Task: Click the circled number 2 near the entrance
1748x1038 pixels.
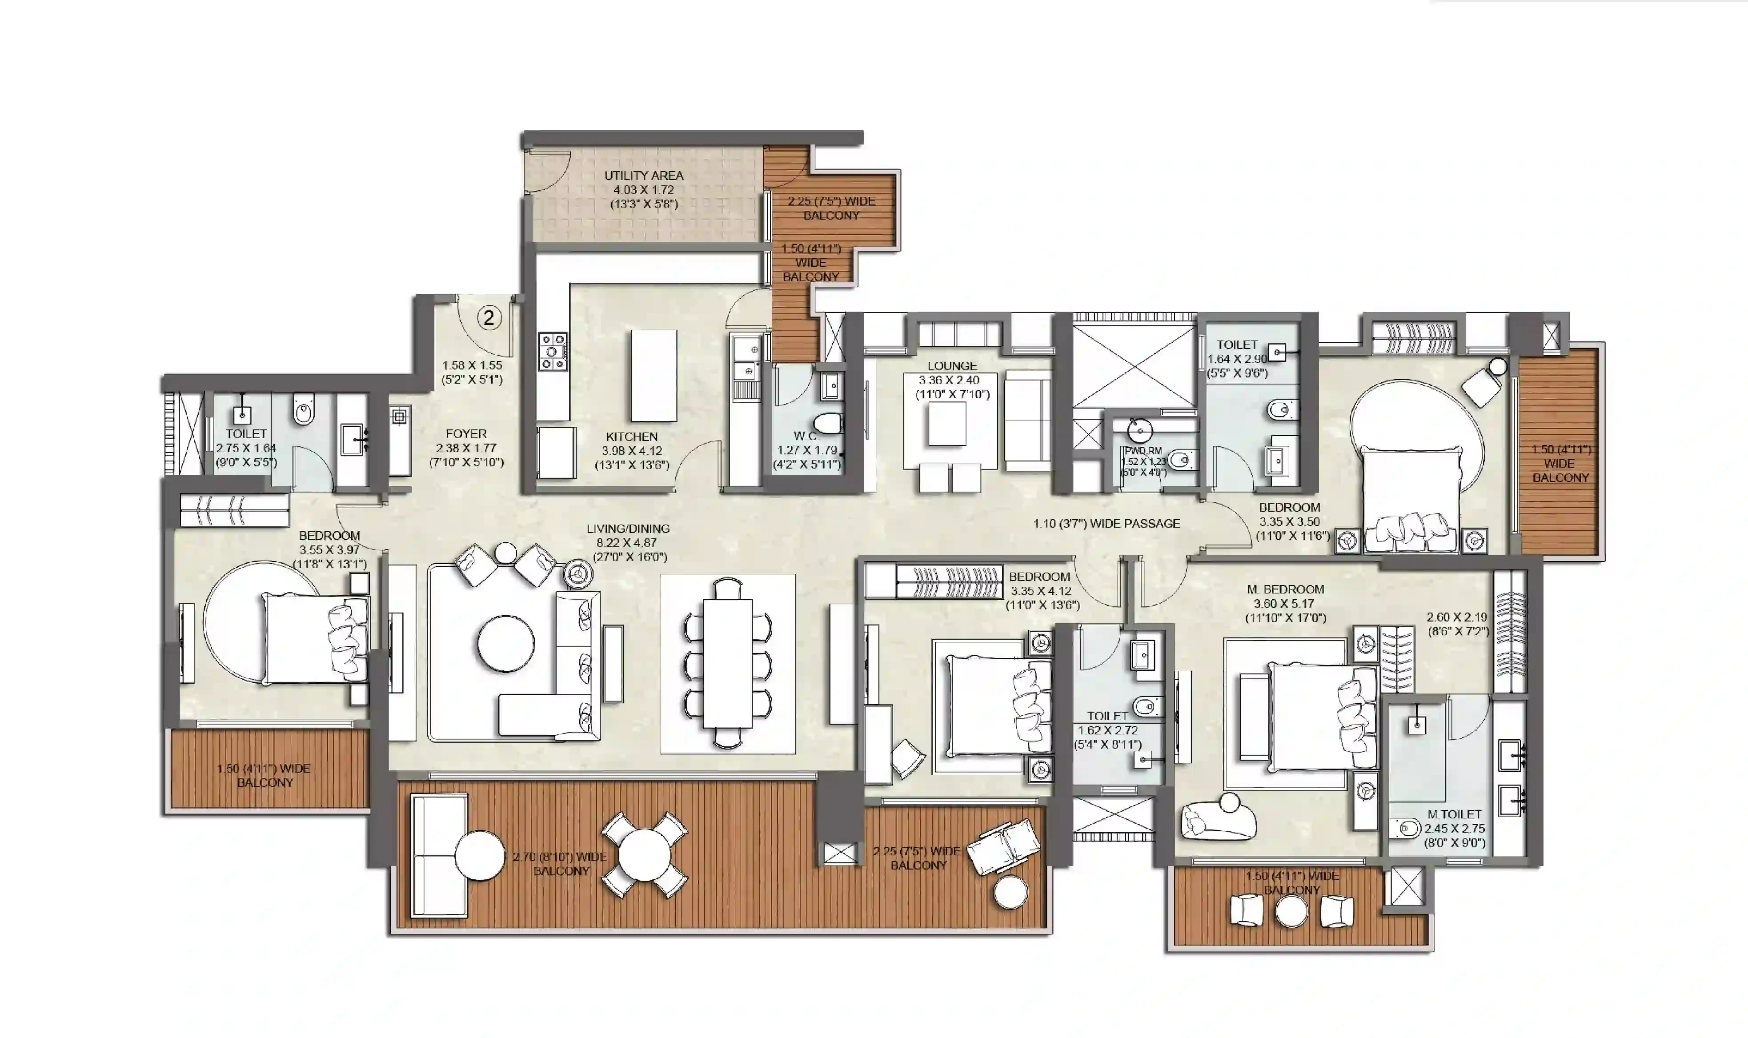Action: (489, 318)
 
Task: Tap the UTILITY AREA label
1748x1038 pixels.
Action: (644, 176)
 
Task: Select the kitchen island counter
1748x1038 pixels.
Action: (653, 376)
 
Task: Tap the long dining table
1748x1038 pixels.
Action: (727, 664)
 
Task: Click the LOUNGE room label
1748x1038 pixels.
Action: (952, 366)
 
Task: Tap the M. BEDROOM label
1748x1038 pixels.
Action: (1285, 589)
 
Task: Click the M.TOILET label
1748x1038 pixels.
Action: (1454, 814)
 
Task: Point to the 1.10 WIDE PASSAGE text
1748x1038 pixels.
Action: (1106, 523)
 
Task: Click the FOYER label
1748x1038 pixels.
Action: (466, 434)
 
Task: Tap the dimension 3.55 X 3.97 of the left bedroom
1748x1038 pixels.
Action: (329, 550)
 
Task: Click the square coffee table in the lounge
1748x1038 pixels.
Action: (947, 425)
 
